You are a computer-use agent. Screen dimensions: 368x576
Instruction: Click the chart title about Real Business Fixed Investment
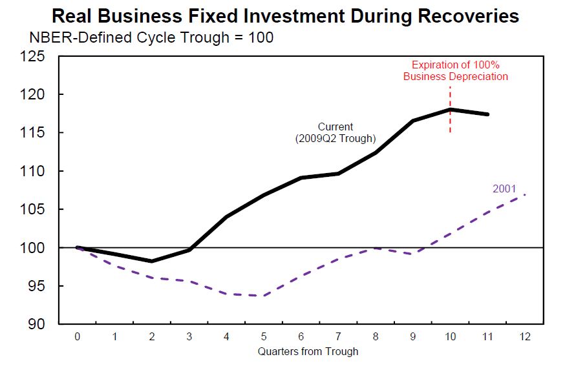point(285,15)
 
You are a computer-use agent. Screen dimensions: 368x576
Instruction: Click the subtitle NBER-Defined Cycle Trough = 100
point(151,38)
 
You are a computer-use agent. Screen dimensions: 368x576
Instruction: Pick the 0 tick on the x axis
point(78,337)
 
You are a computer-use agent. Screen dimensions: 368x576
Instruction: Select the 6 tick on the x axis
point(301,337)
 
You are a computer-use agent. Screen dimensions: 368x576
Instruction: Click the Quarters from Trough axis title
point(308,352)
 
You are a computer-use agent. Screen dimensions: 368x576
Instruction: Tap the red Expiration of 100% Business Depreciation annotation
point(455,71)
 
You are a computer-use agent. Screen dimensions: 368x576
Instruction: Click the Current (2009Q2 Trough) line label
point(335,132)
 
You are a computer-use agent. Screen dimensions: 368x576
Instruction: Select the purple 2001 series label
point(504,189)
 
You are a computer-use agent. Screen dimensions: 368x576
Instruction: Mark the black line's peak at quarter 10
point(450,110)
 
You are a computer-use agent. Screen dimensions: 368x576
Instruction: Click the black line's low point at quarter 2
point(152,261)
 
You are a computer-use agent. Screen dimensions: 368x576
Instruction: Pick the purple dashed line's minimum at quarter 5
point(264,296)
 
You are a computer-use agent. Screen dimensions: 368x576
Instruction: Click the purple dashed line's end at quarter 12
point(524,194)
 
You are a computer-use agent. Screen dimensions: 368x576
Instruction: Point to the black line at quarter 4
point(227,216)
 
